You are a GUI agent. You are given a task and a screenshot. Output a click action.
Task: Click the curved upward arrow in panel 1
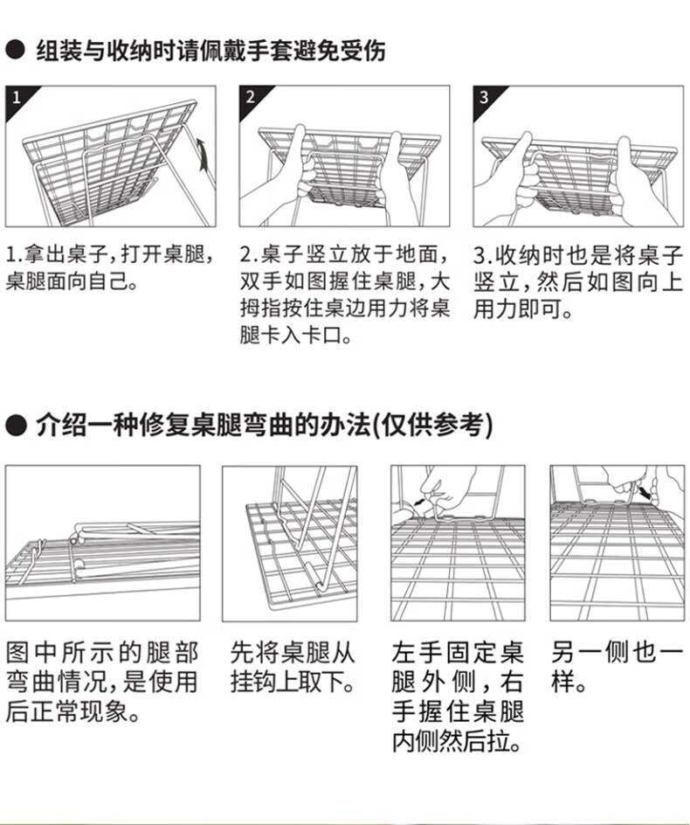(203, 154)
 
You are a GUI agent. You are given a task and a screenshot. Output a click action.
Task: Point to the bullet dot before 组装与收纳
(15, 51)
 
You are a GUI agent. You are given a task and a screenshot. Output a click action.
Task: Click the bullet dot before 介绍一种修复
(15, 425)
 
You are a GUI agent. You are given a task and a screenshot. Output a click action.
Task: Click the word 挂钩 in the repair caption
(253, 683)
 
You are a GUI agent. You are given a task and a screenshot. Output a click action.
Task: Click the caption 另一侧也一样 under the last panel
(617, 668)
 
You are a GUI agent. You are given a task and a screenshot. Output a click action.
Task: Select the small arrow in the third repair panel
(420, 503)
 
